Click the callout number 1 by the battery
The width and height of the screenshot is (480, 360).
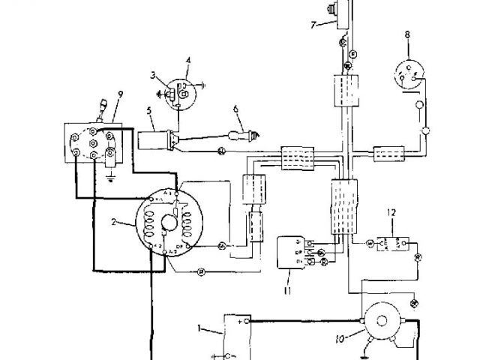(x=199, y=328)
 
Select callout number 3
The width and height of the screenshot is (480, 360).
(x=152, y=75)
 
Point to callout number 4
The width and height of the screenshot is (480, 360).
(x=188, y=59)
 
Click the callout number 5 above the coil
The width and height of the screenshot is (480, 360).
(x=148, y=112)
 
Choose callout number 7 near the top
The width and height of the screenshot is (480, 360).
(x=314, y=25)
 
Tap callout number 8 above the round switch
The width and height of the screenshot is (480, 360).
(x=407, y=34)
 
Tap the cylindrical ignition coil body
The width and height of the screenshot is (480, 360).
(x=155, y=139)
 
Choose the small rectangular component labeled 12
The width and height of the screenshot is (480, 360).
(x=390, y=244)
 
